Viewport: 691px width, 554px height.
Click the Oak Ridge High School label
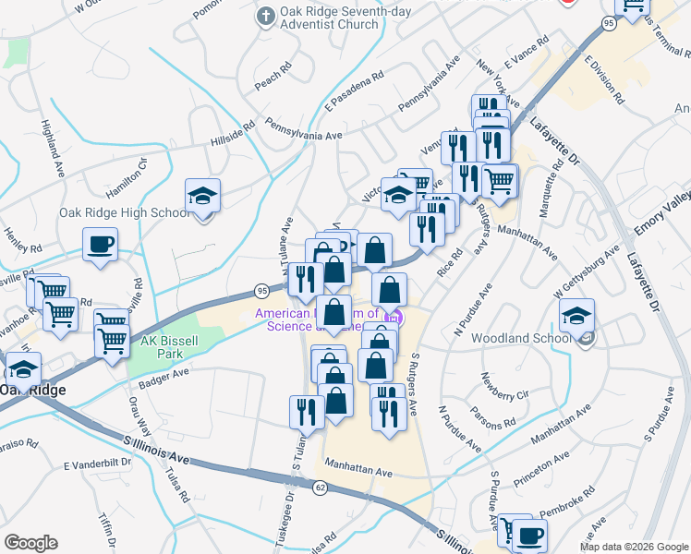(x=125, y=212)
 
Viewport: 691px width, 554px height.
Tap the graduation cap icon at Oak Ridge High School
(x=202, y=197)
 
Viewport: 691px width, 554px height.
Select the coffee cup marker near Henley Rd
(x=100, y=246)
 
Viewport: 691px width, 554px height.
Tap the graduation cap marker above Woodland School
(x=576, y=317)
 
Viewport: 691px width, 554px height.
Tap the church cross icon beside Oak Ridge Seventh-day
(x=265, y=16)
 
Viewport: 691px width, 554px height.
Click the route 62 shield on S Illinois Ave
(x=320, y=488)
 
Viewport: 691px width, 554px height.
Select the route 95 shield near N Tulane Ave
(x=262, y=291)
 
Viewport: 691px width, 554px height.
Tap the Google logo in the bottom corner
(x=30, y=543)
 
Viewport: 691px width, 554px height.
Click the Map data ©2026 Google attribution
(x=635, y=547)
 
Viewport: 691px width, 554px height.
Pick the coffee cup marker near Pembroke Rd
(x=530, y=536)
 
